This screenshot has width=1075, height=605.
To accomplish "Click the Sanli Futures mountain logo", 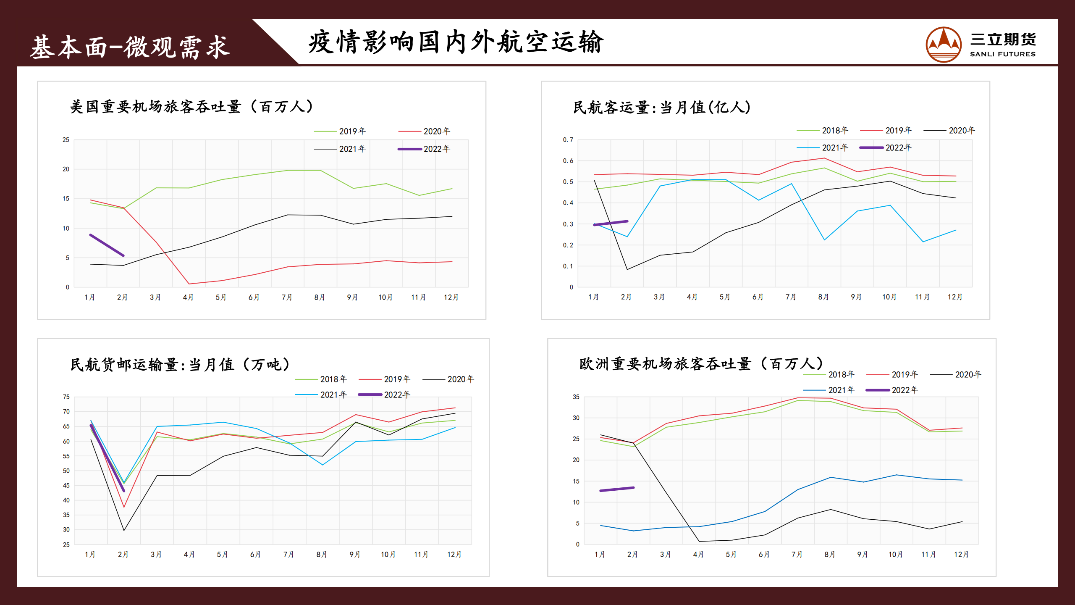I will [x=943, y=45].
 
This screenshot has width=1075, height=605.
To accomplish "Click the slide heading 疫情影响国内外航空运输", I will [x=456, y=42].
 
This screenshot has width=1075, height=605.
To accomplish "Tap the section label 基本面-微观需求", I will [x=130, y=47].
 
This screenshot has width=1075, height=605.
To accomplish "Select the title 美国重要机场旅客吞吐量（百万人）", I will [x=191, y=107].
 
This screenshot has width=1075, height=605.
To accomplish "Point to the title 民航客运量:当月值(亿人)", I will [x=662, y=108].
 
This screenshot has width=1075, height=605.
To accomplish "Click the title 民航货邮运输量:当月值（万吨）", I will [x=180, y=364].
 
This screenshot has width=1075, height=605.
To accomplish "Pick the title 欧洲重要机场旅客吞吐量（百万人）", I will [x=701, y=363].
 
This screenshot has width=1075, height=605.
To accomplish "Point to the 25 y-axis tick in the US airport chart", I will [x=66, y=140].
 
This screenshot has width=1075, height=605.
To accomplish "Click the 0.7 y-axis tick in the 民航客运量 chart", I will [x=568, y=140].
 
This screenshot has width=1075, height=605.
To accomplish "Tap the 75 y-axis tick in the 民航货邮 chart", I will [x=66, y=397].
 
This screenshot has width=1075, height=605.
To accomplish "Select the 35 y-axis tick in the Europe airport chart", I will [x=576, y=397].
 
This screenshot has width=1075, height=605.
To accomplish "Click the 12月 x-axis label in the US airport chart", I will [x=451, y=297].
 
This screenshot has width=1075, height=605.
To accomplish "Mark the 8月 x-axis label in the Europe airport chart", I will [x=829, y=555].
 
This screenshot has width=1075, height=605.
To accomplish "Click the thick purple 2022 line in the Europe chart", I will [x=617, y=489].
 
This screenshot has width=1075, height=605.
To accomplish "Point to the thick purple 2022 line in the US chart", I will [x=107, y=245].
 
